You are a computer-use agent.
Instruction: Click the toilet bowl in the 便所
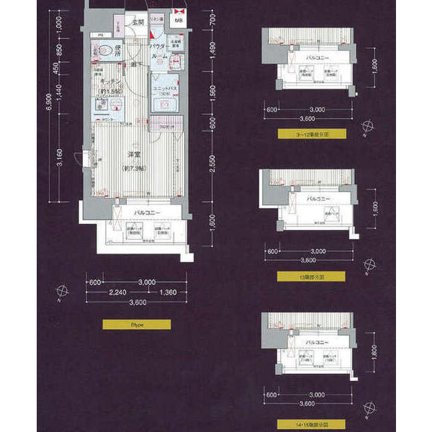(x=106, y=51)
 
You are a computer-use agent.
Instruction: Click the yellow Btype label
(x=136, y=324)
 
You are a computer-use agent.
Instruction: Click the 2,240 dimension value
(x=118, y=294)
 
